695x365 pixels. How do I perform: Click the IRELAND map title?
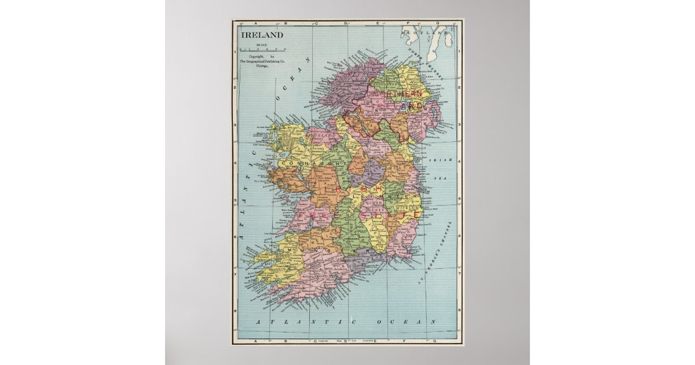[x=262, y=35]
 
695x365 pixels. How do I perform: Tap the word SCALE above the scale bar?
[x=262, y=45]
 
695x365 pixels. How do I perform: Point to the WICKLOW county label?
[x=409, y=206]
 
